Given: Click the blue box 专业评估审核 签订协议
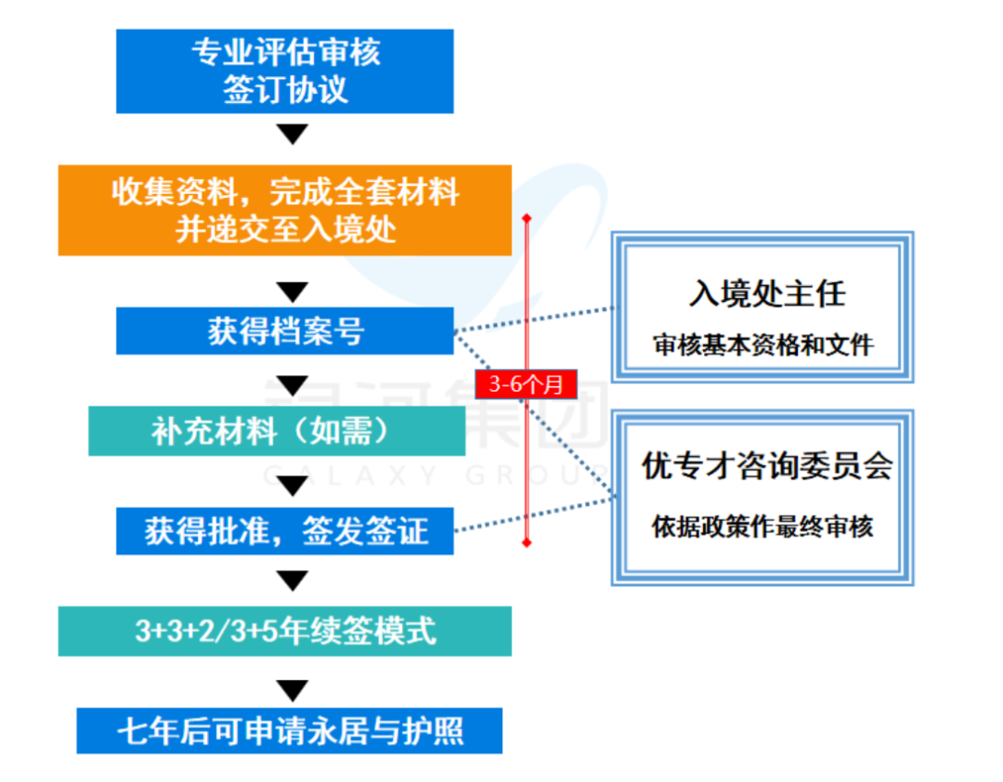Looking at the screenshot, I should click(x=284, y=71).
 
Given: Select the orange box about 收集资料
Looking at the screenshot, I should click(x=284, y=210).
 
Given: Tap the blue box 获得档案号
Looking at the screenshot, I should click(x=284, y=331).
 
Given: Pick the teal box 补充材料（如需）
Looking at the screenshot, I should click(x=277, y=431).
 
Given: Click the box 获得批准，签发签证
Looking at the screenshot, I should click(x=284, y=531).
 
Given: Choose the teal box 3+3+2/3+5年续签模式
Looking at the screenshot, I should click(x=284, y=632).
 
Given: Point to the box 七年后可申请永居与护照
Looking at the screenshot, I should click(x=289, y=731).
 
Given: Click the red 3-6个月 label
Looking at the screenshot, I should click(x=526, y=384).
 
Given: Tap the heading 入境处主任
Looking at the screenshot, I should click(x=766, y=294).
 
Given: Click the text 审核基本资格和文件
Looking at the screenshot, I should click(x=762, y=345).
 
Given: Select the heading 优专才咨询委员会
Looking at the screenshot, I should click(x=766, y=466).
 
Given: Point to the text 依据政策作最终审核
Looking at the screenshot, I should click(x=762, y=528).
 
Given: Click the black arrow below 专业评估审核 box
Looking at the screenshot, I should click(x=293, y=135).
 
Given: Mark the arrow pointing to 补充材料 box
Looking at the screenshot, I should click(x=293, y=384).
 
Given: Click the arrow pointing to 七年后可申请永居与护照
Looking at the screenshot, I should click(x=293, y=690).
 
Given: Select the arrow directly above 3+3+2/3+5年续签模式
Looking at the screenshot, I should click(x=293, y=580).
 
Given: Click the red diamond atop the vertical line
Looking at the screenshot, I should click(x=527, y=219).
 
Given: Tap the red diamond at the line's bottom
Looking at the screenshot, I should click(x=527, y=541).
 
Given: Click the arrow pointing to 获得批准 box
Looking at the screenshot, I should click(x=293, y=485).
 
